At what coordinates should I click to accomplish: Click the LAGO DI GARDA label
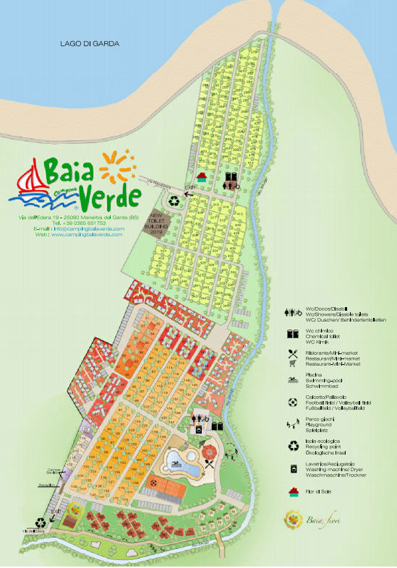click(x=90, y=44)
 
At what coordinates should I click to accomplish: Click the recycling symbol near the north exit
click(x=176, y=202)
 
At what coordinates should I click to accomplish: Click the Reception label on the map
click(x=47, y=485)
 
